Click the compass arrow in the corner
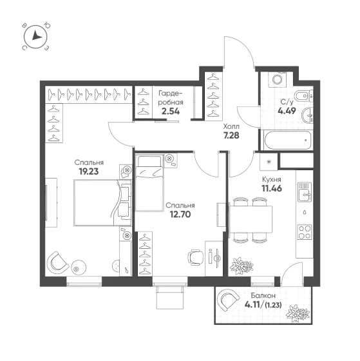(x=36, y=35)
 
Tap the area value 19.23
(x=89, y=171)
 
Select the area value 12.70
(x=180, y=214)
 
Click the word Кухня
(x=272, y=179)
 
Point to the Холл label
(x=231, y=126)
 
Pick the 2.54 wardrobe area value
(x=171, y=111)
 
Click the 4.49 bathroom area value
(x=287, y=111)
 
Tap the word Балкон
(x=263, y=295)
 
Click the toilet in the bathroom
(x=303, y=96)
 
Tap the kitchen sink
(x=305, y=192)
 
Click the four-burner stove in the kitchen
(x=305, y=231)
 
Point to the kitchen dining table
(x=251, y=219)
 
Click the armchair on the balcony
(x=228, y=300)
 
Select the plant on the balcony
(x=298, y=313)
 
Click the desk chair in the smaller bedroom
(x=196, y=257)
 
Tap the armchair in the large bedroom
(x=57, y=262)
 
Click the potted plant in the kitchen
(x=242, y=266)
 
